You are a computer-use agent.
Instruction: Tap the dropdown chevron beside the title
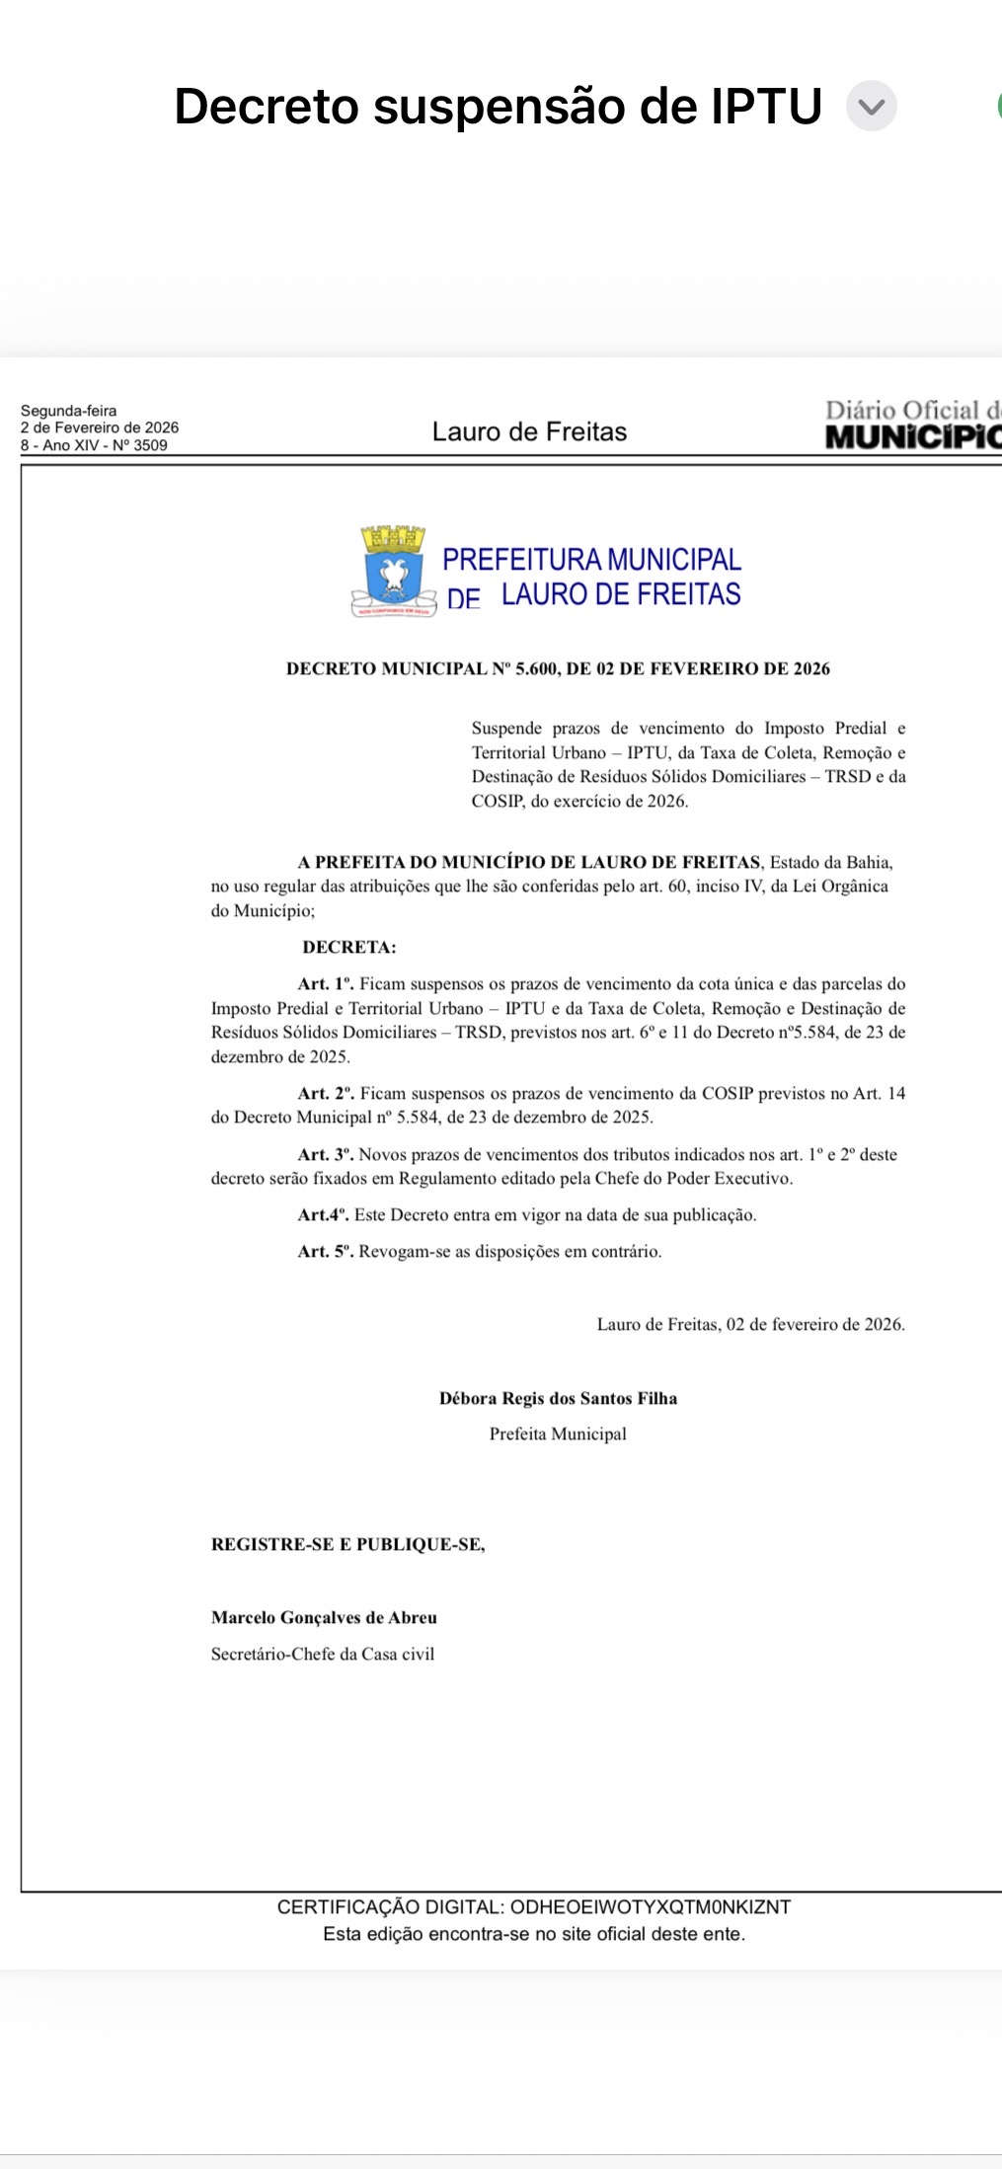click(x=871, y=107)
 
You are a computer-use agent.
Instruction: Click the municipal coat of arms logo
click(x=394, y=572)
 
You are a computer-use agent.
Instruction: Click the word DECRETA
click(x=349, y=948)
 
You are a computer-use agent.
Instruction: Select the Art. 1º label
click(x=326, y=984)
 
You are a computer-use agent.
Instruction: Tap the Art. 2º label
click(x=326, y=1094)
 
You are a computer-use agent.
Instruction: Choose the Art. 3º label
click(x=326, y=1155)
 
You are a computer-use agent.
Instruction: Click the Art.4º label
click(x=323, y=1215)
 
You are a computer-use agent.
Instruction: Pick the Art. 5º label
click(x=326, y=1252)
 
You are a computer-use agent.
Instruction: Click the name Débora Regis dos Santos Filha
click(x=558, y=1398)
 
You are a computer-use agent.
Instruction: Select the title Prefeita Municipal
click(x=558, y=1434)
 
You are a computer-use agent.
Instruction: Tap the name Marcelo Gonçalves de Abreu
click(x=324, y=1618)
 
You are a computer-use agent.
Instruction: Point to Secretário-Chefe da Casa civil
click(x=323, y=1655)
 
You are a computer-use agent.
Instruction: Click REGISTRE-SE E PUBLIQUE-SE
click(x=347, y=1545)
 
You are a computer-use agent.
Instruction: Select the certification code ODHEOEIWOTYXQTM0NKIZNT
click(x=650, y=1907)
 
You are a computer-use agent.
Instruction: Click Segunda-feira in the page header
click(x=68, y=411)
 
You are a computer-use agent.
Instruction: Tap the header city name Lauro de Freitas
click(x=529, y=431)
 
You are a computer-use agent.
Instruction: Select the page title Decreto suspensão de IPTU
click(x=498, y=107)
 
